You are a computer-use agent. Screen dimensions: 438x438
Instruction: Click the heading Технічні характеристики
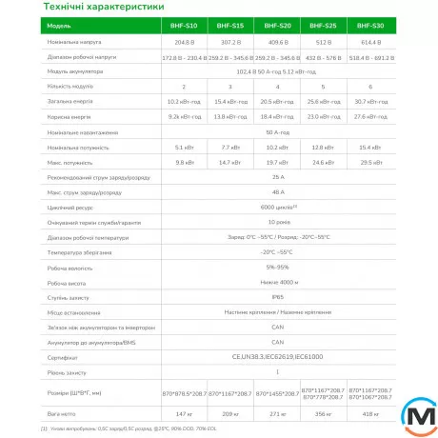coord(109,9)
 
